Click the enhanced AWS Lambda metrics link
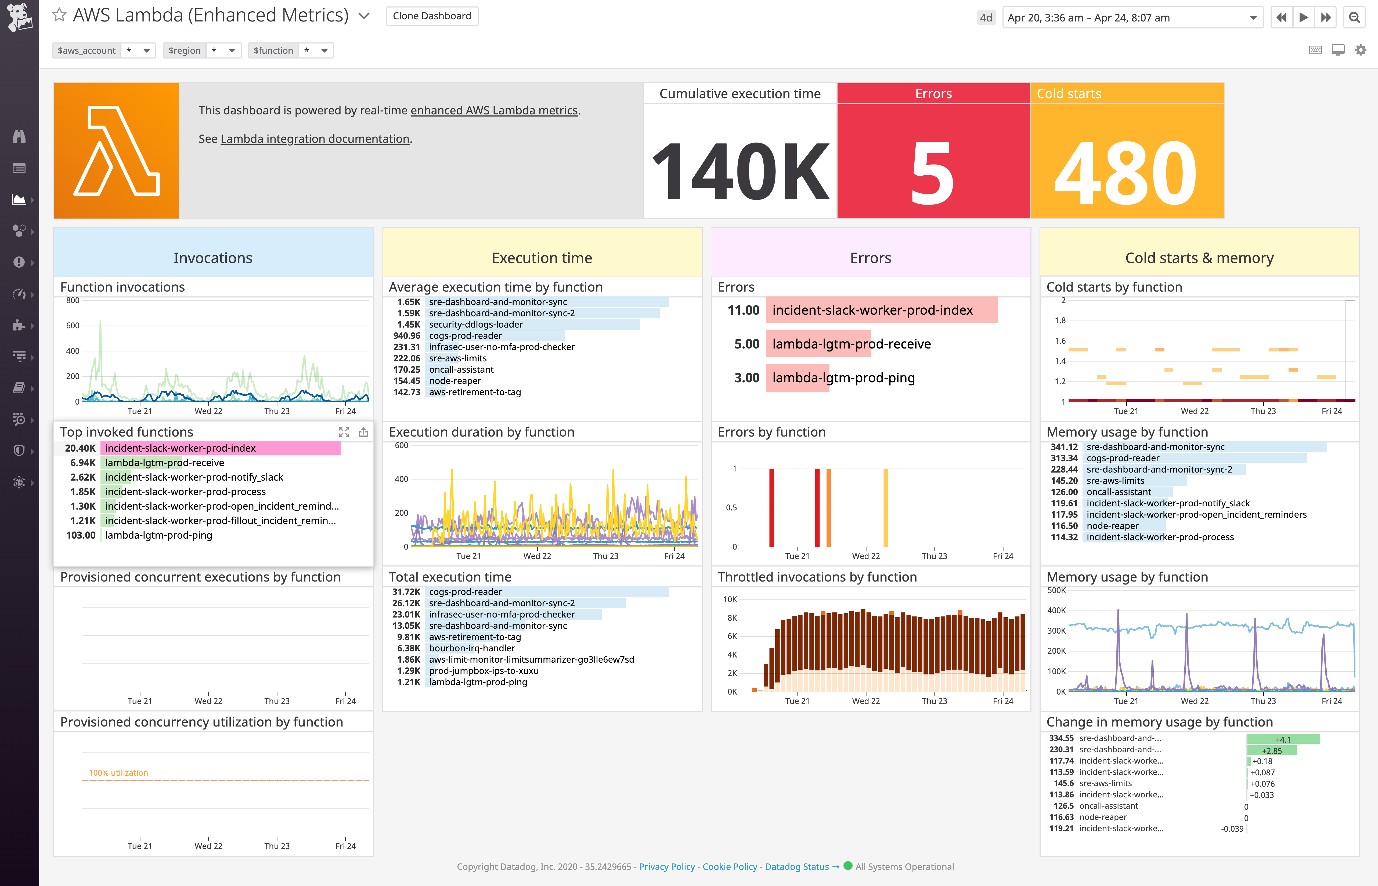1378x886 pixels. (x=494, y=110)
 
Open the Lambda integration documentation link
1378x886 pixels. (x=315, y=139)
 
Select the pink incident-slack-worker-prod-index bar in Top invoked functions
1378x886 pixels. (x=221, y=448)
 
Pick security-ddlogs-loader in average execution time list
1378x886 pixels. (x=475, y=325)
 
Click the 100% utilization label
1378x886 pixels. (x=118, y=773)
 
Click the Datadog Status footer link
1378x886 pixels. (x=797, y=866)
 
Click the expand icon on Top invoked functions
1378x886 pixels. (x=344, y=432)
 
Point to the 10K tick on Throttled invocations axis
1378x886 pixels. (x=730, y=600)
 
